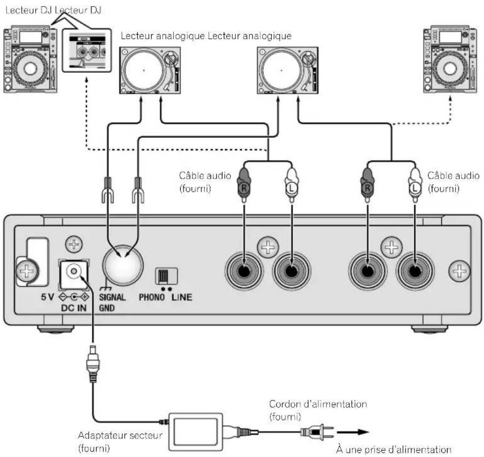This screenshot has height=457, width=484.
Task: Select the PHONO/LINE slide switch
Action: pos(166,276)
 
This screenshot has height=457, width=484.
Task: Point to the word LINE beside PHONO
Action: pos(182,299)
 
